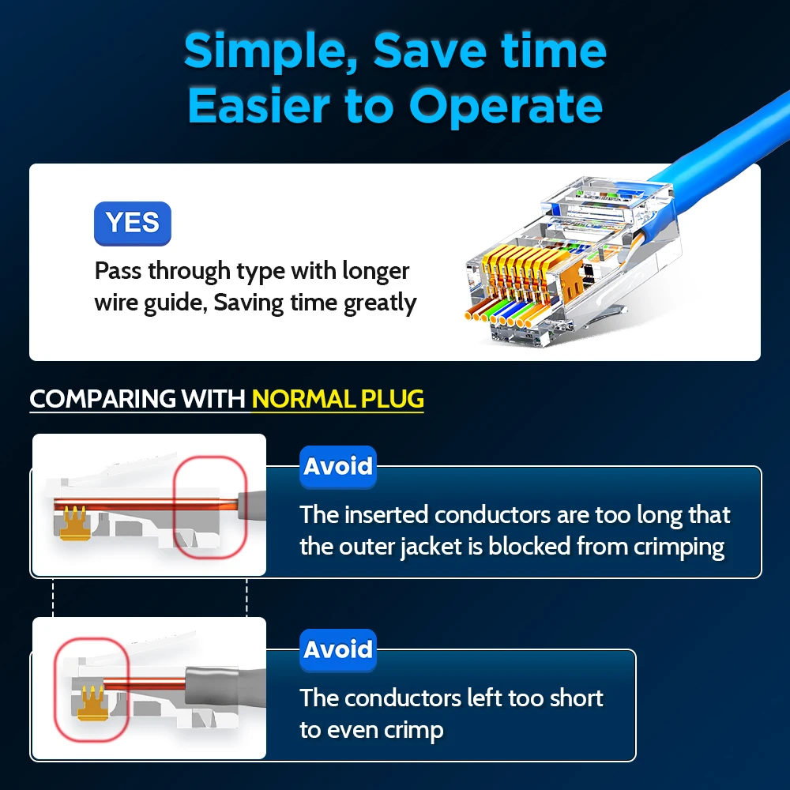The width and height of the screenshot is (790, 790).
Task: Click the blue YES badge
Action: (133, 224)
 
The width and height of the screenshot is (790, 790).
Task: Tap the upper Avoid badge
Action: (338, 467)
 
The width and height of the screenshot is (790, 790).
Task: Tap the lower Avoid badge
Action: (338, 650)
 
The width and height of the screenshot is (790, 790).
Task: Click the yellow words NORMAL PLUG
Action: (338, 398)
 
